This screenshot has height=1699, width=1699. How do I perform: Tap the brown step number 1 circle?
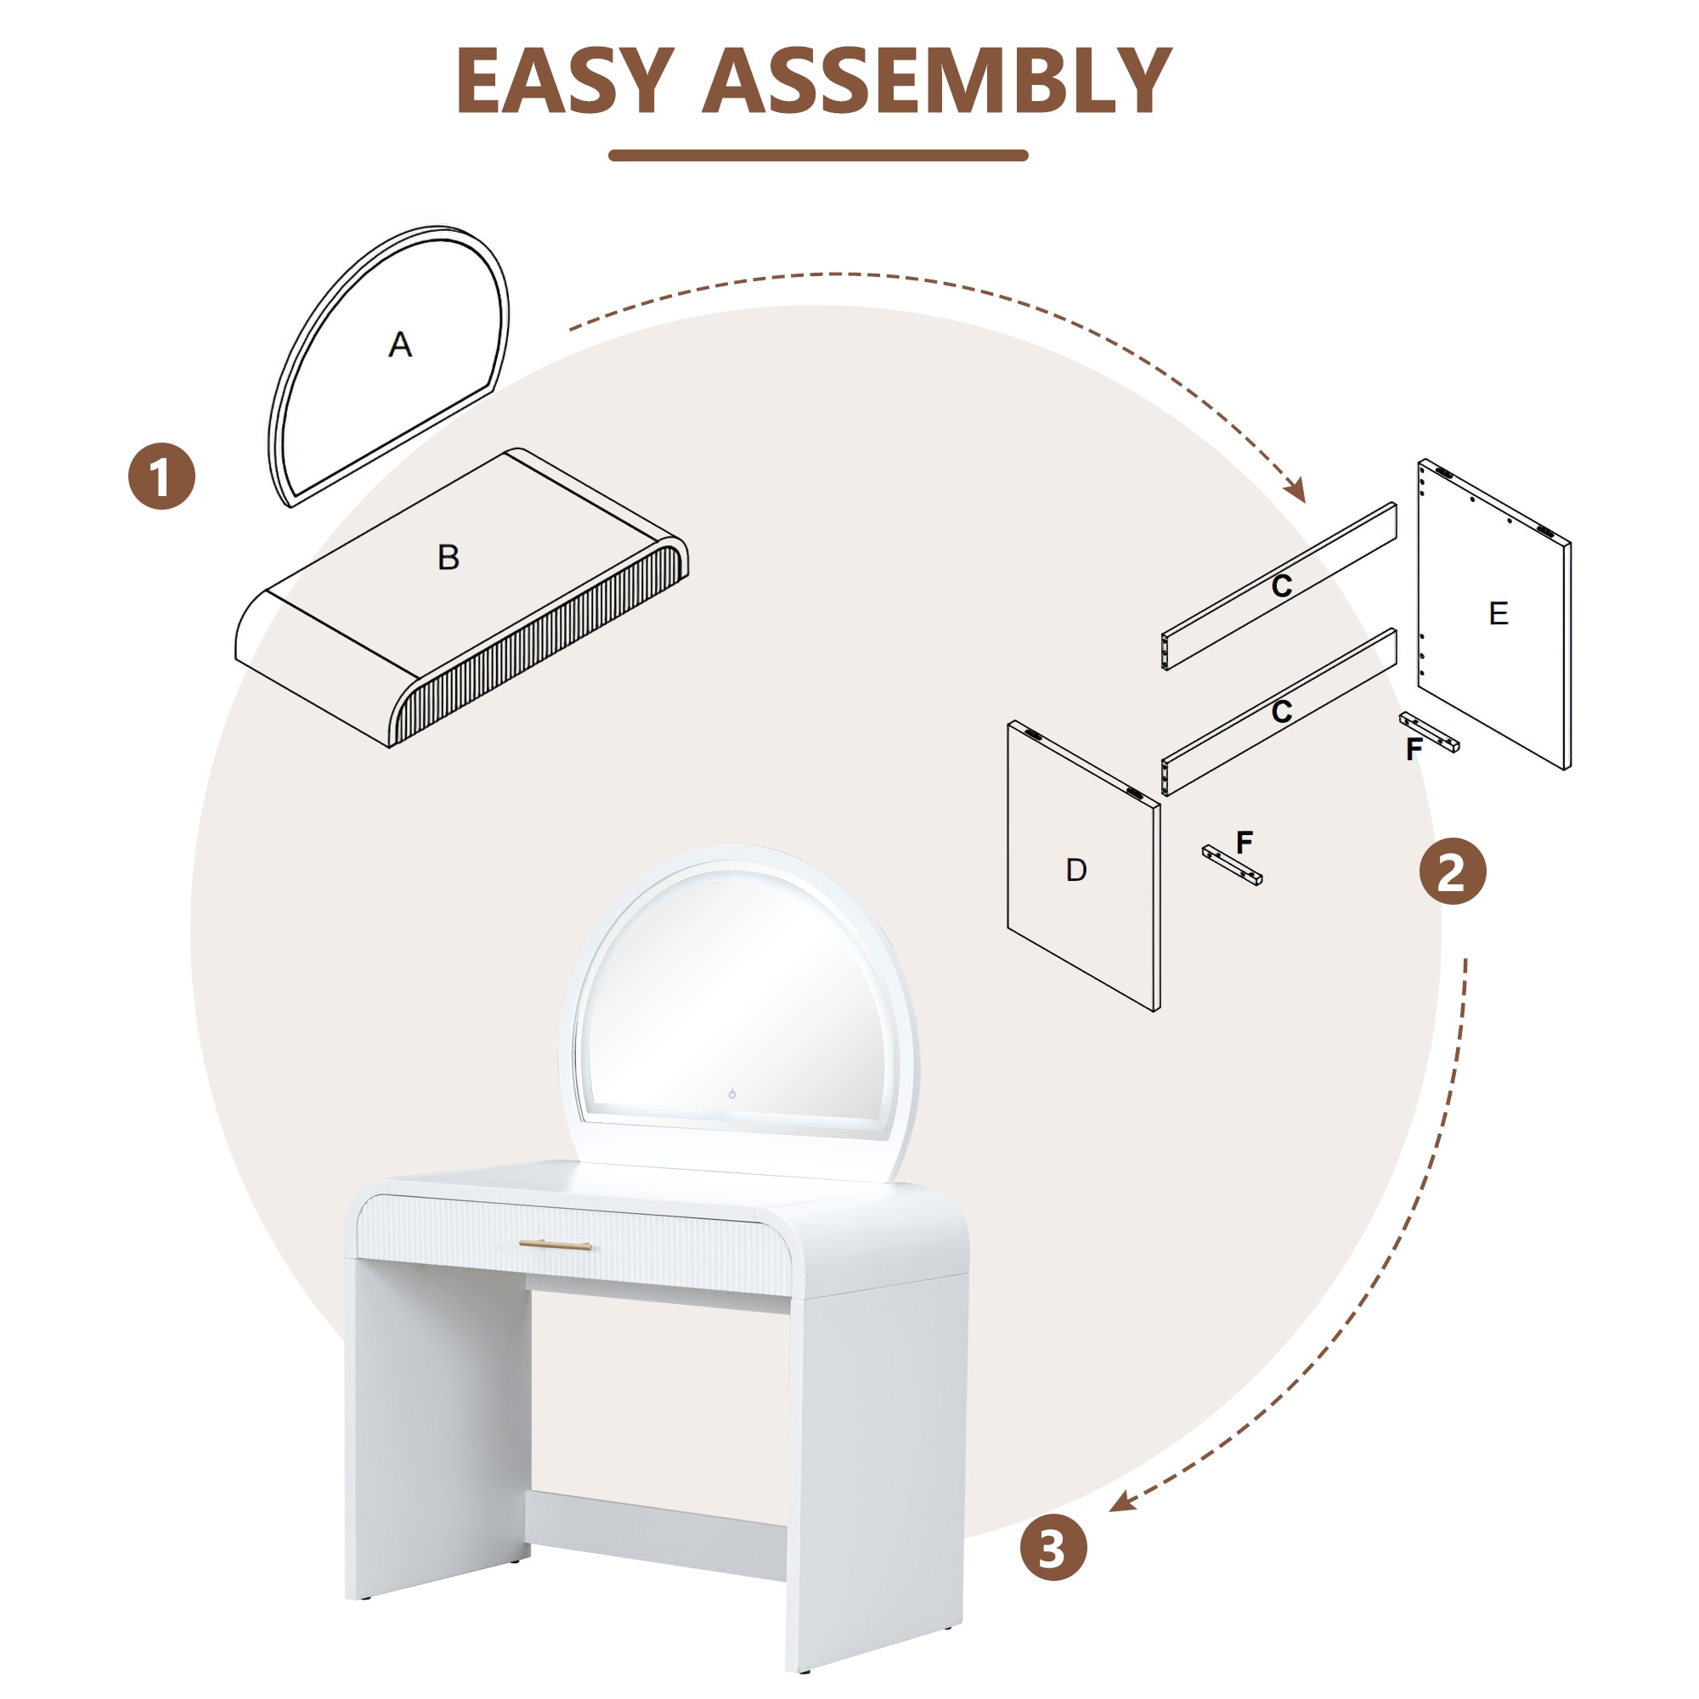click(x=161, y=476)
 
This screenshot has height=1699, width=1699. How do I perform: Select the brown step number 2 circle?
click(x=1452, y=872)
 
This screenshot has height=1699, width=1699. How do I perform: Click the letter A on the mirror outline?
click(x=400, y=344)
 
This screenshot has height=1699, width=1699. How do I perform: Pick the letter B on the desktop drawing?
click(x=449, y=556)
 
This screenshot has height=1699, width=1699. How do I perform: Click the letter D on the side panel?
click(x=1076, y=870)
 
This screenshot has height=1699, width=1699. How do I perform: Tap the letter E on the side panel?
click(x=1499, y=613)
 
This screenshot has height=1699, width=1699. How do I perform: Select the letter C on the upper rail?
click(x=1281, y=585)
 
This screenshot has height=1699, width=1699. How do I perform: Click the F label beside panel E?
click(x=1414, y=749)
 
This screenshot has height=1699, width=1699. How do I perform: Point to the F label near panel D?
click(x=1245, y=842)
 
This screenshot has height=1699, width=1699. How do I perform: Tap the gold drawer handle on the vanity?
click(x=555, y=1245)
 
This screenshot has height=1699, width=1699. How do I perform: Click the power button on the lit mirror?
click(x=731, y=1094)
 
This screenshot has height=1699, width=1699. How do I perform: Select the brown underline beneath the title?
click(x=818, y=155)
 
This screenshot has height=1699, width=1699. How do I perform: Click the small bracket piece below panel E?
click(x=1430, y=731)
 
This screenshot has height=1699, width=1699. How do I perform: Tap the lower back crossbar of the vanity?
click(x=656, y=1534)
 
